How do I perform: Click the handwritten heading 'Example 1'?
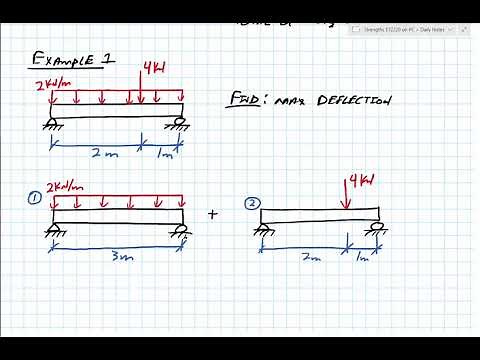click(73, 61)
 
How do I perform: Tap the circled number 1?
click(35, 197)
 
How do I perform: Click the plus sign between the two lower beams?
click(212, 213)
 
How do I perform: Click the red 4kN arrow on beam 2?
click(345, 197)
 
